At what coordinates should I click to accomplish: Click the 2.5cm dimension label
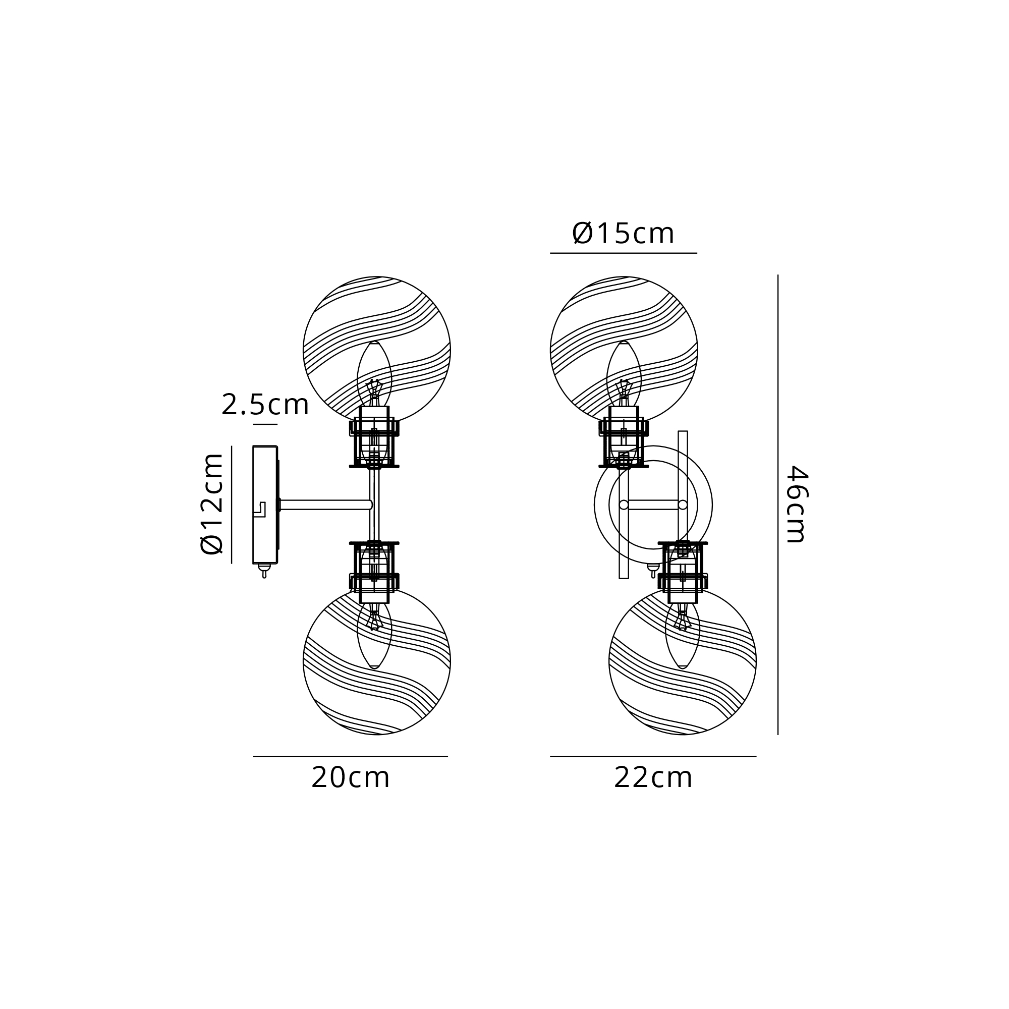265,405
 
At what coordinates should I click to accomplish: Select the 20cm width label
351,778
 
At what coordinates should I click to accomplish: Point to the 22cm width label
653,778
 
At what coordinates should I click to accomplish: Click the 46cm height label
798,504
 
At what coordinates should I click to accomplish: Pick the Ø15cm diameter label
623,233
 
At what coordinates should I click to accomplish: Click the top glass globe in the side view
376,349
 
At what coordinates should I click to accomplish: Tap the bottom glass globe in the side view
376,661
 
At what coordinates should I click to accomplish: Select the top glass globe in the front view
624,349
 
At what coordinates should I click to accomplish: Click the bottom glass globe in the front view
683,661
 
